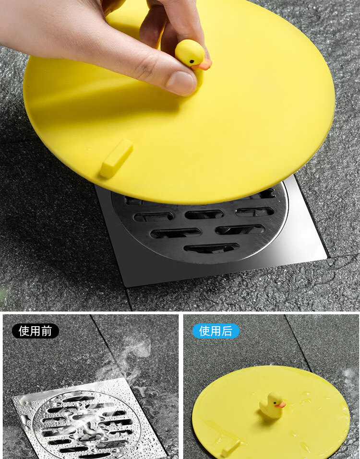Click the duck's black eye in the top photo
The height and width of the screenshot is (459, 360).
[x=191, y=61]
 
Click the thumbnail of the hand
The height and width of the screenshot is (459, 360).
[x=181, y=82]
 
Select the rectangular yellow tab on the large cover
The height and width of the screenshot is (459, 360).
[x=116, y=159]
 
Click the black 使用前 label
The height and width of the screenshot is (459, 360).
[x=35, y=331]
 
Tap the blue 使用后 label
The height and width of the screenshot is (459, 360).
[x=216, y=331]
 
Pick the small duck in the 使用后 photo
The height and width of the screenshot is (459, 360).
[x=272, y=405]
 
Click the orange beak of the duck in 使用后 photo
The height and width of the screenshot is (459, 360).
[x=280, y=405]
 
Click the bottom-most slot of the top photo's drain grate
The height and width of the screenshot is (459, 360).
[x=211, y=248]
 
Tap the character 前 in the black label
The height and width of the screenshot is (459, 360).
[x=46, y=331]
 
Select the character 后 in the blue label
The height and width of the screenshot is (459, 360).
[x=227, y=331]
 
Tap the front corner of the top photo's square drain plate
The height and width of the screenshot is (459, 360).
[x=127, y=285]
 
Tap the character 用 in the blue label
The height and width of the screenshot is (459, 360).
[x=216, y=331]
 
